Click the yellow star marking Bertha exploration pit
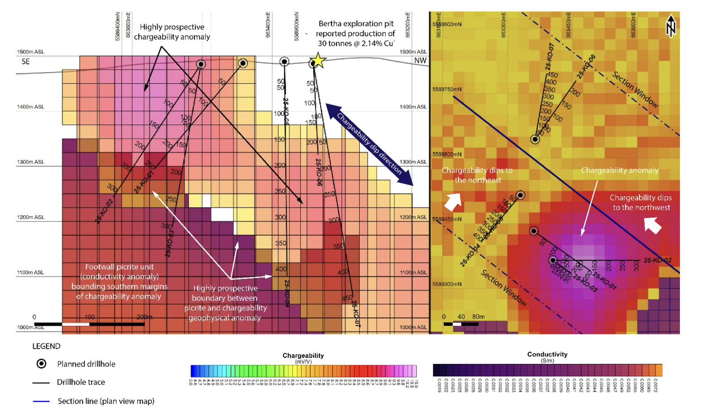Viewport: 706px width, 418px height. coord(317,61)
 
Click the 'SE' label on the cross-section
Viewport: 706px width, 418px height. coord(26,62)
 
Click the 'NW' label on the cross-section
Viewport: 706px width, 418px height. coord(420,61)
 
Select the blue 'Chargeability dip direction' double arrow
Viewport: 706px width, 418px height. coord(369,144)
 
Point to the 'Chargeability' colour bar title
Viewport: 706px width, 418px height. coord(303,356)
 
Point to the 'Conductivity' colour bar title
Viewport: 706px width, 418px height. coord(547,354)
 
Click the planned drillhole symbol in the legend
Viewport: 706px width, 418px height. coord(41,364)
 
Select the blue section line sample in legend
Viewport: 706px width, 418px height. coord(41,401)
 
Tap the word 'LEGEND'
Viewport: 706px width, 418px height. coord(46,346)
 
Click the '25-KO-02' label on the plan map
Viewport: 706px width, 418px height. coord(657,260)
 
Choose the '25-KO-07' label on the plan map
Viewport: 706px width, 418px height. coord(550,57)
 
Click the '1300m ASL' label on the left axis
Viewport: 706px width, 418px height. coord(31,162)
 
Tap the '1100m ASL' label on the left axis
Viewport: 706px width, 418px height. coord(31,273)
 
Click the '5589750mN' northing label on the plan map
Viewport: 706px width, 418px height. coord(447,89)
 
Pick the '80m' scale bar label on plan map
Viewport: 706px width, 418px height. coord(478,317)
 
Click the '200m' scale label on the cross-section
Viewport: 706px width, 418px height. coord(144,317)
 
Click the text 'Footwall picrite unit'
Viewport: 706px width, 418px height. coord(119,267)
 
